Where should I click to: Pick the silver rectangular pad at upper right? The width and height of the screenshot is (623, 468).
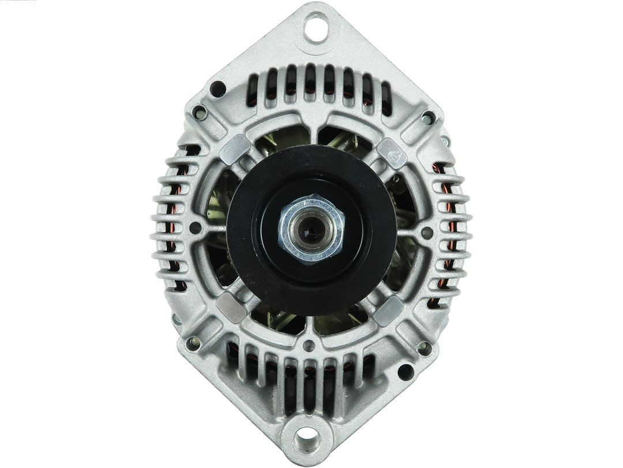(392, 153)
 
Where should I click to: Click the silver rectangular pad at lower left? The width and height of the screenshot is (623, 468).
(231, 307)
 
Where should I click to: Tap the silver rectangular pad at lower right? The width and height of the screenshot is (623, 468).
(388, 311)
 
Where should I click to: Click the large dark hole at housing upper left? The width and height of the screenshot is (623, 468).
(217, 88)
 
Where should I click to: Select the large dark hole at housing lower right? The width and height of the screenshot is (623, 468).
(406, 372)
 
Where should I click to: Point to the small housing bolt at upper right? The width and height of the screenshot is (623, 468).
(427, 118)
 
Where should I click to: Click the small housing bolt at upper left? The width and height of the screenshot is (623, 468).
(200, 112)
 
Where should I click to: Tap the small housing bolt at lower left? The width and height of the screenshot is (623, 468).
(192, 343)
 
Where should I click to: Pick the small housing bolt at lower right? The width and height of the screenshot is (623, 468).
(424, 348)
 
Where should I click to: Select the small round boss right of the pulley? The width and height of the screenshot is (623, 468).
(427, 233)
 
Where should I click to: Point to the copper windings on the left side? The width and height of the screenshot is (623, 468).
(173, 231)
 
